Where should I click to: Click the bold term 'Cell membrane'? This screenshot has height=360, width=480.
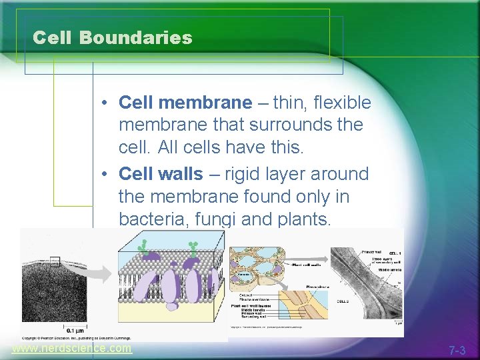pyautogui.click(x=185, y=103)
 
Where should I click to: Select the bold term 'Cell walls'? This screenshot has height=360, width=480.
pyautogui.click(x=160, y=174)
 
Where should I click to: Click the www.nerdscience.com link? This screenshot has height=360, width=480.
pyautogui.click(x=71, y=349)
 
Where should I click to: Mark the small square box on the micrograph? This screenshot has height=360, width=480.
pyautogui.click(x=55, y=262)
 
